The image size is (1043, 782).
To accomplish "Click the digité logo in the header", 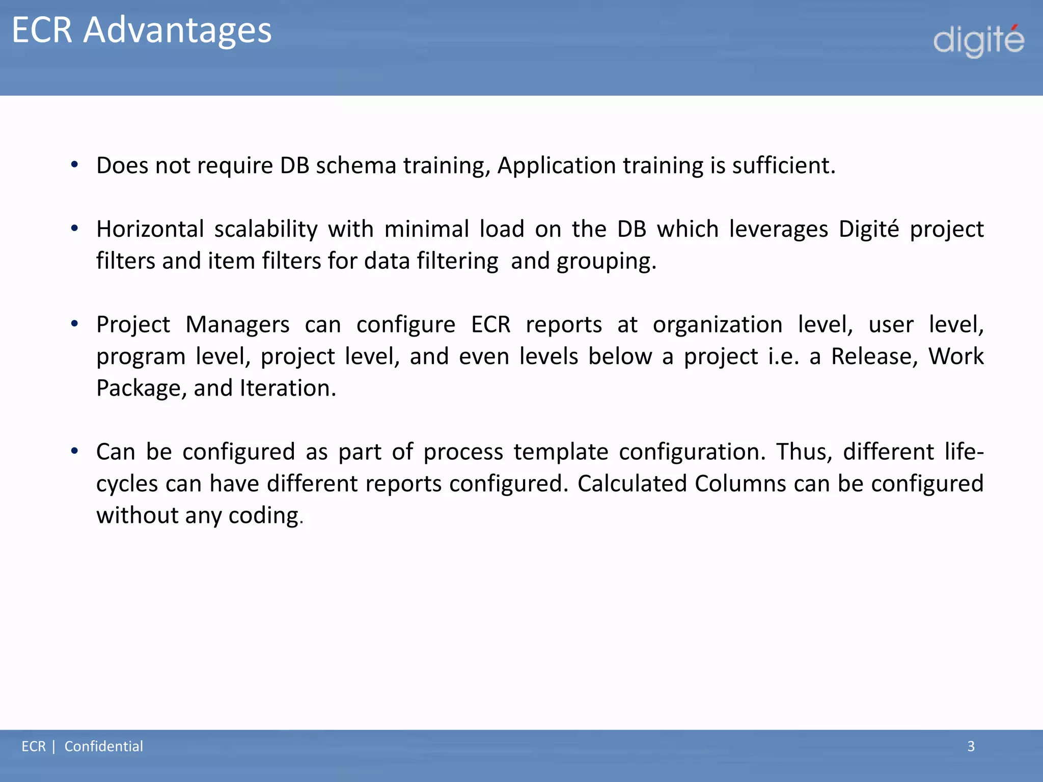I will (x=978, y=41).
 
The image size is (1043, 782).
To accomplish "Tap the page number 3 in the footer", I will (x=971, y=746).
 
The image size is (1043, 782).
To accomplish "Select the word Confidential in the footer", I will (x=103, y=746).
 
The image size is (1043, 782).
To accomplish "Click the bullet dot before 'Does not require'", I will (x=75, y=164).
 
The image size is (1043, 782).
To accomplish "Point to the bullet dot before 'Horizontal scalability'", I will (x=75, y=228).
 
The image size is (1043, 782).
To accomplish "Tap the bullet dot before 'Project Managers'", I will (x=75, y=323).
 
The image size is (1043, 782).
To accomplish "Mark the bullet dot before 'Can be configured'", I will (x=75, y=451).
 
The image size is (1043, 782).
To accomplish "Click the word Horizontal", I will (x=150, y=229).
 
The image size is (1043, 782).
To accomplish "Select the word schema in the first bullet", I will (x=355, y=166).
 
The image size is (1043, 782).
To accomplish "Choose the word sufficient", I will (x=783, y=166).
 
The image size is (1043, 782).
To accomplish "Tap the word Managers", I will (x=237, y=325).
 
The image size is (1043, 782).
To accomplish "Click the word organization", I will (x=717, y=325).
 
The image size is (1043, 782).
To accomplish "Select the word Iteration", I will (x=288, y=388).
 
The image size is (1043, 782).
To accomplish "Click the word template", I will (x=560, y=452).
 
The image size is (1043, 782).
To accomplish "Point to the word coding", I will (x=265, y=516).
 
